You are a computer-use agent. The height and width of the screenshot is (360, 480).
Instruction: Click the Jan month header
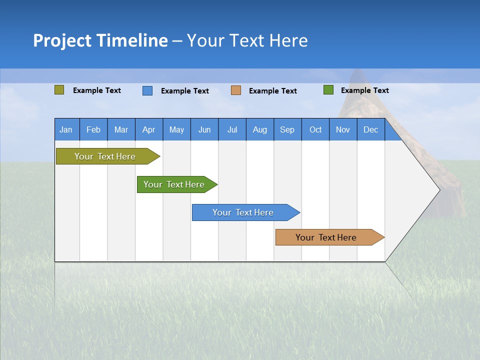coord(66,129)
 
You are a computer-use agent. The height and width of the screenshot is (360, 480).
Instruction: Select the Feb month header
coord(93,129)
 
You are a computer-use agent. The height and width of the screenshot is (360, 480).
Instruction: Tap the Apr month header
coord(148,129)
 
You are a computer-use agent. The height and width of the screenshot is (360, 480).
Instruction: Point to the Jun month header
coord(204,129)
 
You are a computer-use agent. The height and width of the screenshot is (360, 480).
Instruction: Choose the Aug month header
coord(259,129)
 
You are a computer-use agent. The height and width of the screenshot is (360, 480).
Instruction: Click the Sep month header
coord(287,129)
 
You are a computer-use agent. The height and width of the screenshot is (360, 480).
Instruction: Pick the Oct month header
coord(315,129)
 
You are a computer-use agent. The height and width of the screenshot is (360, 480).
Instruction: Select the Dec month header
coord(370,129)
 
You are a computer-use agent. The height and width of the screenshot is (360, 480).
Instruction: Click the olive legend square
coord(59,90)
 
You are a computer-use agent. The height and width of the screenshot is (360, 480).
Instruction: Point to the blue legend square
coord(147,90)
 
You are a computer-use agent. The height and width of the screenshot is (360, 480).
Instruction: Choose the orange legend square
coord(236,90)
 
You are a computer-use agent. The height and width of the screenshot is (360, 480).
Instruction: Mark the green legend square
coord(328,90)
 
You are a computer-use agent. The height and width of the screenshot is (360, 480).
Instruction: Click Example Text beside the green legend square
coord(364,90)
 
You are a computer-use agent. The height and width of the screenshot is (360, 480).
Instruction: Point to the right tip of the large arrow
coord(439,190)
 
